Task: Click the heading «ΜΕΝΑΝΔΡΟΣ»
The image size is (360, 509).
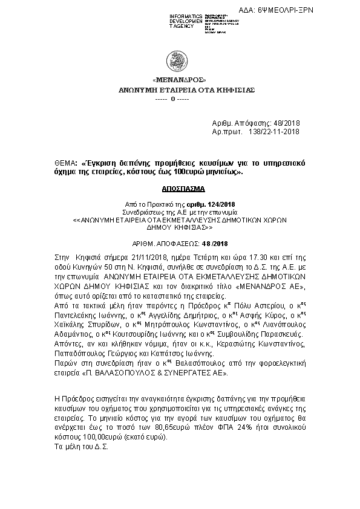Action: [x=179, y=80]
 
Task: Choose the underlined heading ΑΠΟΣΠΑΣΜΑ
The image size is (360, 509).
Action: [x=179, y=189]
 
